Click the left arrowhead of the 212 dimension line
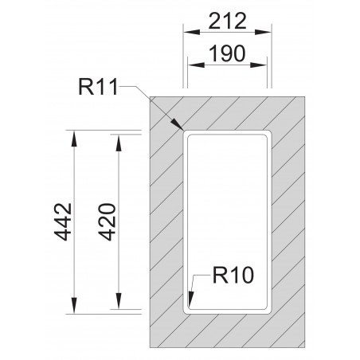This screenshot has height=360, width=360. click(x=185, y=34)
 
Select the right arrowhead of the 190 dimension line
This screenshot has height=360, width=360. click(x=269, y=68)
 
